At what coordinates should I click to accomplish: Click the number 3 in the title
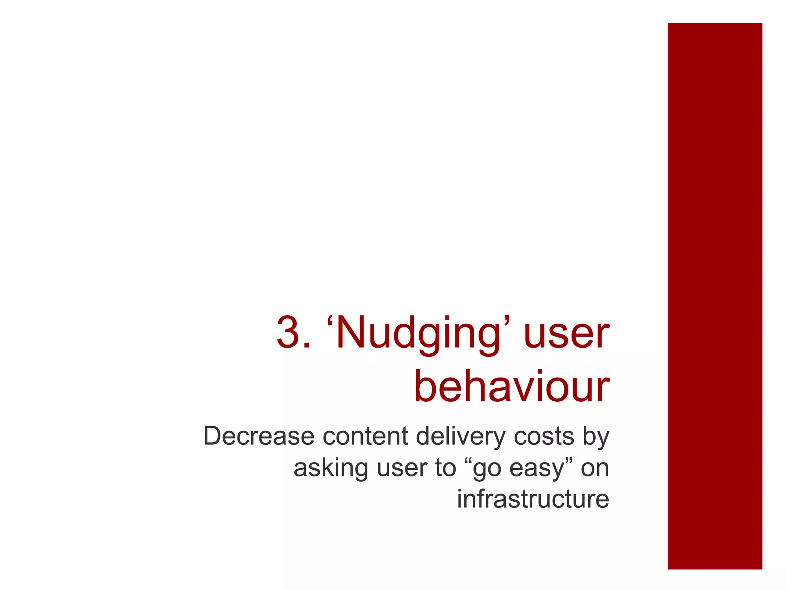[x=289, y=333]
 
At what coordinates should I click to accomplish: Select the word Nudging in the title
[x=419, y=334]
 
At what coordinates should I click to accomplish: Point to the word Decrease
[x=259, y=436]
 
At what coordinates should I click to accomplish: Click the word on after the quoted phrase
[x=594, y=469]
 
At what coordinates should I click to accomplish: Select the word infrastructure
[x=533, y=499]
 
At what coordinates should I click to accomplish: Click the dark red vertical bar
[x=715, y=296]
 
